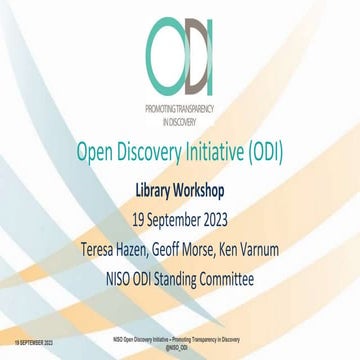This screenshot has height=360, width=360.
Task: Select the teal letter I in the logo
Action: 212,51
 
